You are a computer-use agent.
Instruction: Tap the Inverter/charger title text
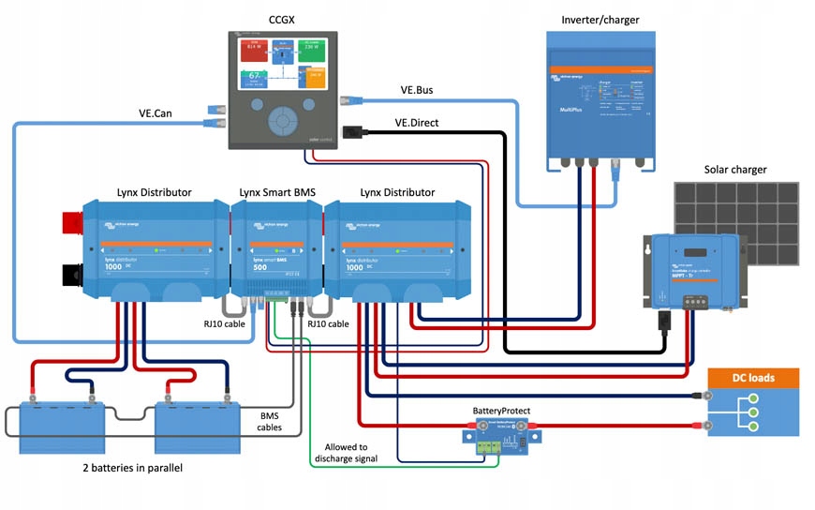click(600, 20)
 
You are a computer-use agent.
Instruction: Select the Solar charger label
click(735, 170)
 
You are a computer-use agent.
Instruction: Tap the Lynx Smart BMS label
click(277, 192)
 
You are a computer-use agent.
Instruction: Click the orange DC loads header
click(753, 377)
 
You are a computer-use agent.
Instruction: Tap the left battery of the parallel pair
click(59, 427)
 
